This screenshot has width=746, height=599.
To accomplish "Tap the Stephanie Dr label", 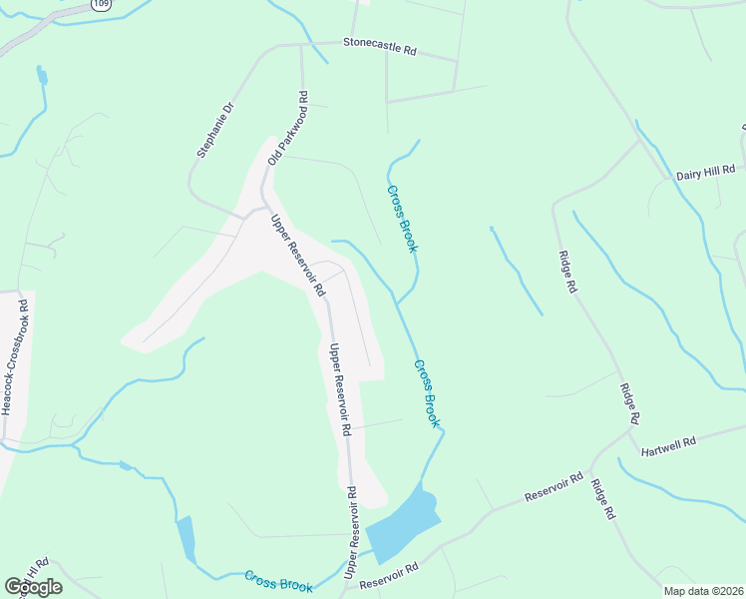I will coord(214,130).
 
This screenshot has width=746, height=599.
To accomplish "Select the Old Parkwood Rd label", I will coord(287,129).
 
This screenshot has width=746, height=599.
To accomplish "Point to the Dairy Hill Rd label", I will coord(705,172).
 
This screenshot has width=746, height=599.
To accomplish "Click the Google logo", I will coord(33,587).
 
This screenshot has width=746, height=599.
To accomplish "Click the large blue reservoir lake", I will coord(404,523).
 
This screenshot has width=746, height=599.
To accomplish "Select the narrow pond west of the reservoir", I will coord(186,538).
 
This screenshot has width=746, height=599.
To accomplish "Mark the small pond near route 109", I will coord(42,76).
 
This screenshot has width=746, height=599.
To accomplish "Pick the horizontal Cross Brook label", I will coord(278,582).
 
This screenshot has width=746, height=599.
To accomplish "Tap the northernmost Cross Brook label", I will coord(402,218).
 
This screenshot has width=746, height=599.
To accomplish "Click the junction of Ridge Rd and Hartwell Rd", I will coord(634,433).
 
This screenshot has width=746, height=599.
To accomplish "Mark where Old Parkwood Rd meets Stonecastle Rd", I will coord(301,45).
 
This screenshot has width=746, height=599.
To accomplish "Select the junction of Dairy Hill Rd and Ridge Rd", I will coord(639,141).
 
